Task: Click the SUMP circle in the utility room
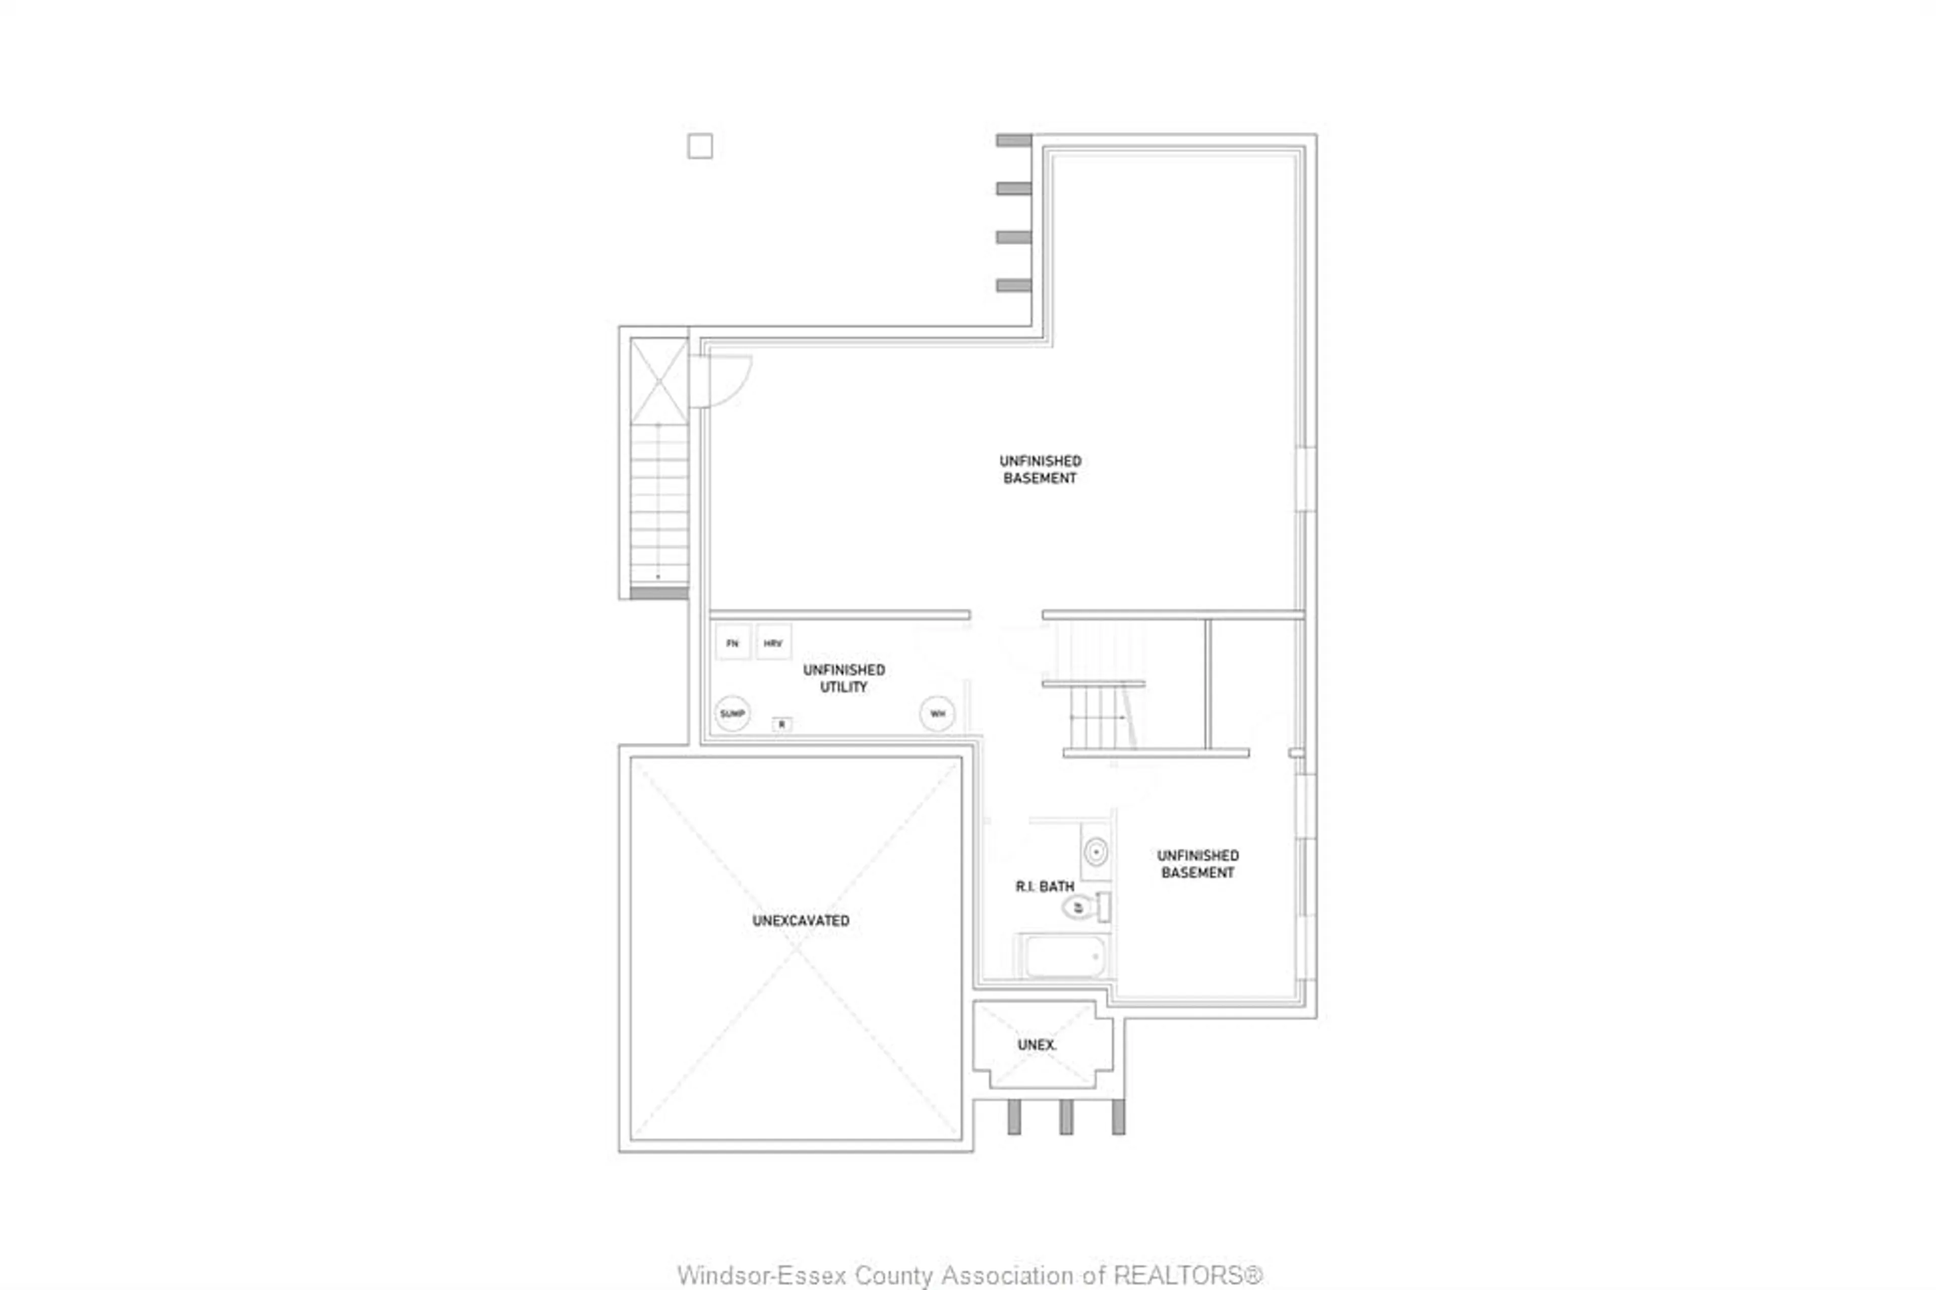pos(732,713)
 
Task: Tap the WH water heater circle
pos(937,713)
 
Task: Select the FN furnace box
pos(732,642)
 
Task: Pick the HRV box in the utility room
pos(773,642)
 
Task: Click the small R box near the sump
pos(781,724)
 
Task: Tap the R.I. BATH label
pos(1045,886)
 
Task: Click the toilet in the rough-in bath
pos(1079,907)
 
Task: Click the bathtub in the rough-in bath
pos(1064,956)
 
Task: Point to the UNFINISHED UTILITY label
pos(844,678)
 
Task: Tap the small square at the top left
pos(700,146)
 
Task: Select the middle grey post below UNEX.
pos(1066,1117)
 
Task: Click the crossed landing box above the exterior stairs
pos(659,381)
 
